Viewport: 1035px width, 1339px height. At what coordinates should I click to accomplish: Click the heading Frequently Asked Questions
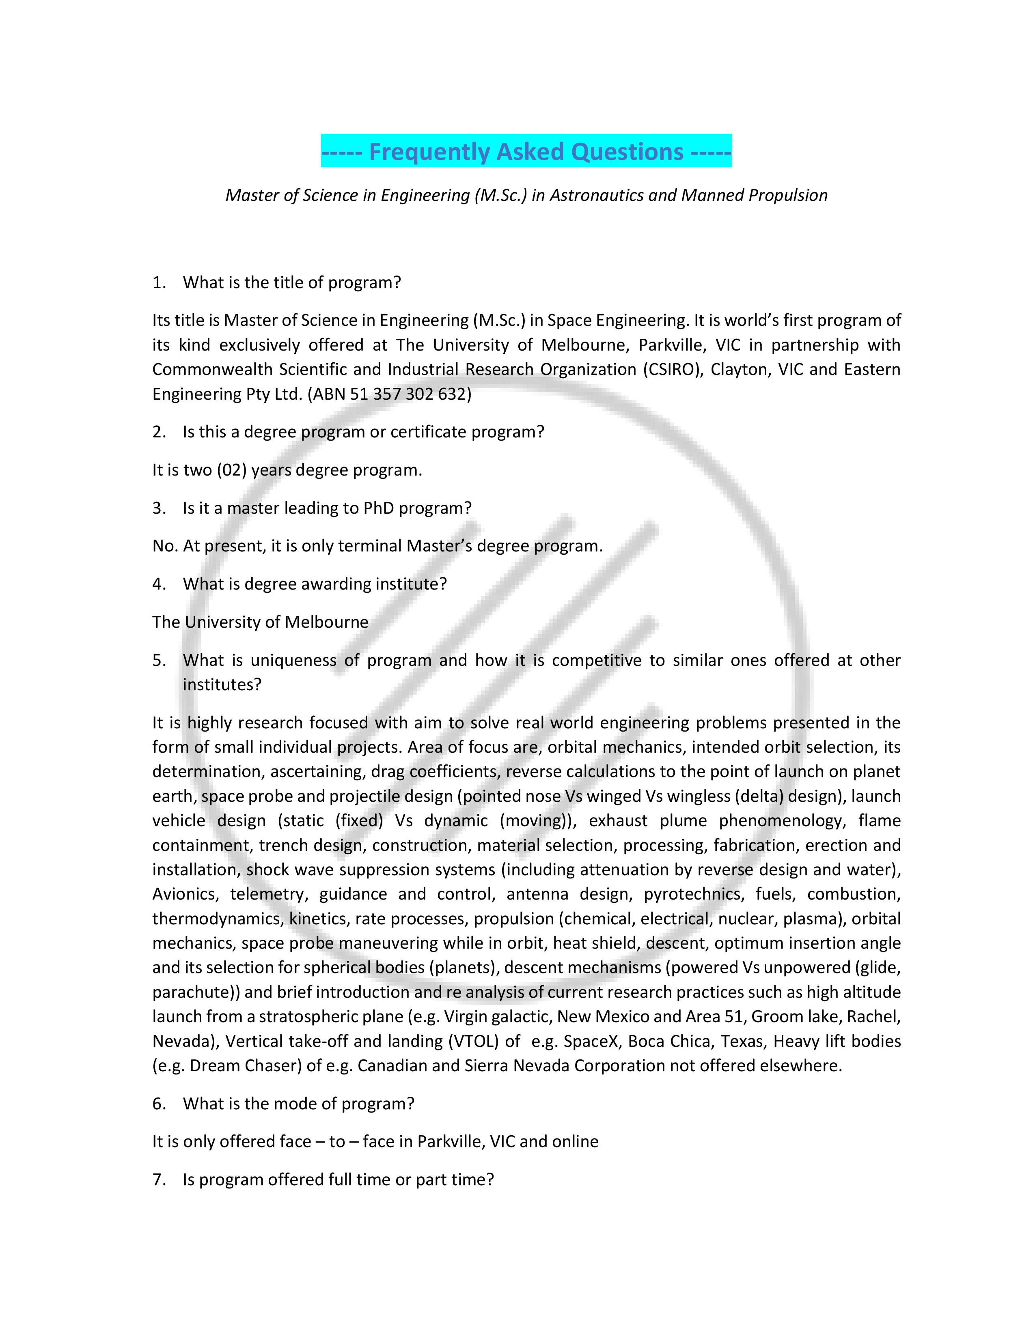(x=526, y=151)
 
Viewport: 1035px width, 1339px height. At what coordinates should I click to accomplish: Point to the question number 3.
(x=159, y=508)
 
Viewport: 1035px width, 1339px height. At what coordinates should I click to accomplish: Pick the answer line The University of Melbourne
(x=260, y=622)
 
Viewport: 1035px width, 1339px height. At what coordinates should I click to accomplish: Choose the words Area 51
(x=714, y=1016)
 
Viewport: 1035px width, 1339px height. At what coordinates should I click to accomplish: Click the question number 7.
(x=159, y=1179)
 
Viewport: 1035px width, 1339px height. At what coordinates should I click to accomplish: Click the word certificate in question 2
(x=428, y=432)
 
